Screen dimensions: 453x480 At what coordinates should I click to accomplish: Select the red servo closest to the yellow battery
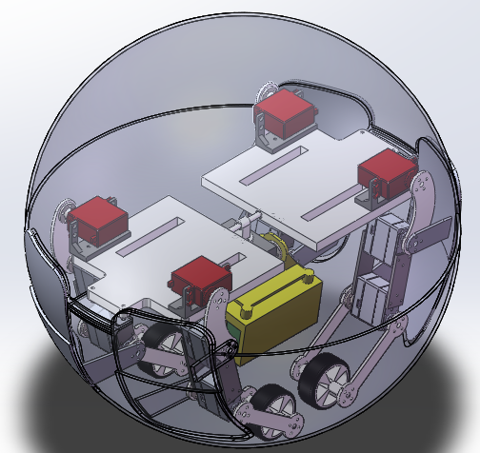[x=200, y=282]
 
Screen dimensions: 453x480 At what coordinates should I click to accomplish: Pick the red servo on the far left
[x=100, y=222]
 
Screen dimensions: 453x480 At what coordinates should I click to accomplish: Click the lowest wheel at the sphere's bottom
[x=276, y=409]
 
